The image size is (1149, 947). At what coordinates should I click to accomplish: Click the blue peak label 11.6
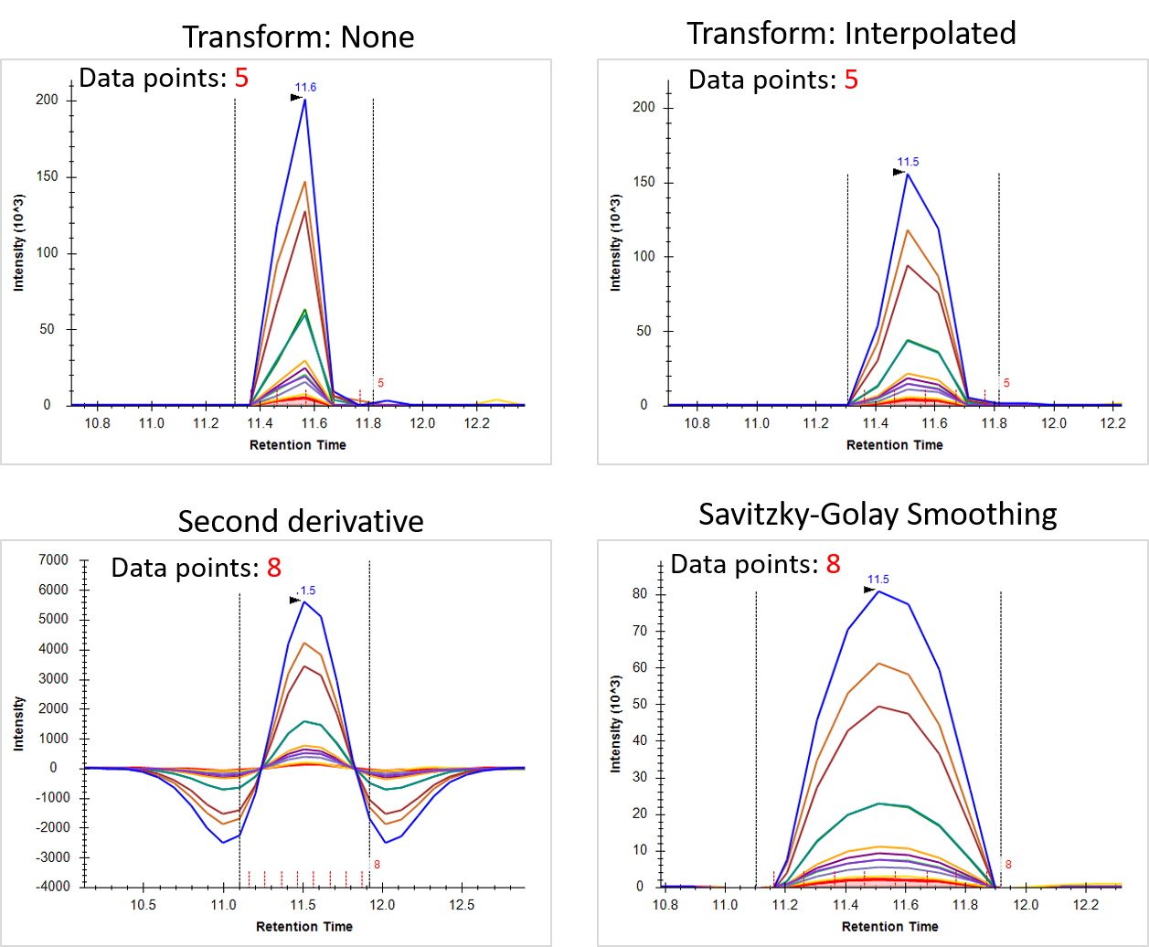[x=305, y=87]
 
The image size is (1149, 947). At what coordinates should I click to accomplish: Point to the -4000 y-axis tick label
[x=58, y=887]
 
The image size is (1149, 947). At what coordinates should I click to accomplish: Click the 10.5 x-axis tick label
[x=143, y=904]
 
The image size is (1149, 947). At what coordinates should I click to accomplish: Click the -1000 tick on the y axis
[x=58, y=797]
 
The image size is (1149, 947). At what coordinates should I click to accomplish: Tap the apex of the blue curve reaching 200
[x=304, y=99]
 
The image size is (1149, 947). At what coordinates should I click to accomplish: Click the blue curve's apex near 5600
[x=303, y=601]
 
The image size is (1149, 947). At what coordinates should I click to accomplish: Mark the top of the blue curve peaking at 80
[x=878, y=591]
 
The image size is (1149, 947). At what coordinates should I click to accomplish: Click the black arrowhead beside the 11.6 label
[x=296, y=98]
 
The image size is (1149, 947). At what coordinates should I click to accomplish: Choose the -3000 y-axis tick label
[x=58, y=857]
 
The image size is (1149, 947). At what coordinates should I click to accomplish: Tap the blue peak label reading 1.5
[x=308, y=591]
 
